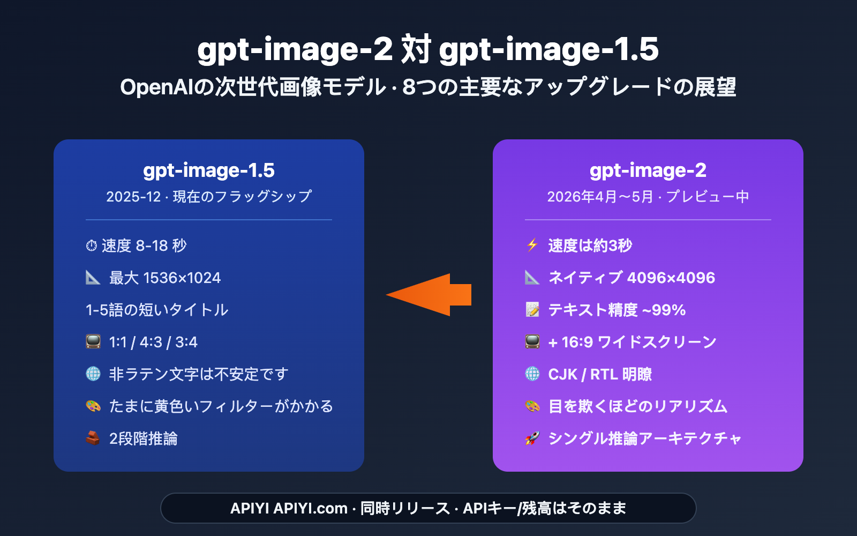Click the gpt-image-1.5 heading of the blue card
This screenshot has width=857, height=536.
[x=209, y=170]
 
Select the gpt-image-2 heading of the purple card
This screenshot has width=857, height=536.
[x=648, y=170]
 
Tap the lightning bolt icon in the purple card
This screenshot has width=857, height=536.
[x=532, y=245]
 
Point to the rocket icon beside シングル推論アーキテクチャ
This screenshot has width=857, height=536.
[x=532, y=438]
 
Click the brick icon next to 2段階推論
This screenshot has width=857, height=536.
[x=93, y=438]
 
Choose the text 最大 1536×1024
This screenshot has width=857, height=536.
[x=165, y=278]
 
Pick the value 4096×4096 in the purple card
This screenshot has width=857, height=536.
[x=671, y=278]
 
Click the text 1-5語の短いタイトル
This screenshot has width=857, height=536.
[x=157, y=310]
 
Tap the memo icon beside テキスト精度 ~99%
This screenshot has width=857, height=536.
[x=532, y=310]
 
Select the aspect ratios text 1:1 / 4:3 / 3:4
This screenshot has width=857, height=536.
[x=153, y=342]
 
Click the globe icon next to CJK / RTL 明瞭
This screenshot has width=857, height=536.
[x=532, y=374]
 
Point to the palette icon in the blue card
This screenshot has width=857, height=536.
[x=93, y=406]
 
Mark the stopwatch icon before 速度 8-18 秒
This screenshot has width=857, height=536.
[x=92, y=245]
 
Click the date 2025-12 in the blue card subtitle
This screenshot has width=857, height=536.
[x=133, y=197]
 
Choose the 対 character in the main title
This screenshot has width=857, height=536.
[x=416, y=49]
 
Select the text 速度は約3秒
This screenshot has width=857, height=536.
[x=590, y=245]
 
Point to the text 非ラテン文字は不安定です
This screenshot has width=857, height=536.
[x=199, y=374]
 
